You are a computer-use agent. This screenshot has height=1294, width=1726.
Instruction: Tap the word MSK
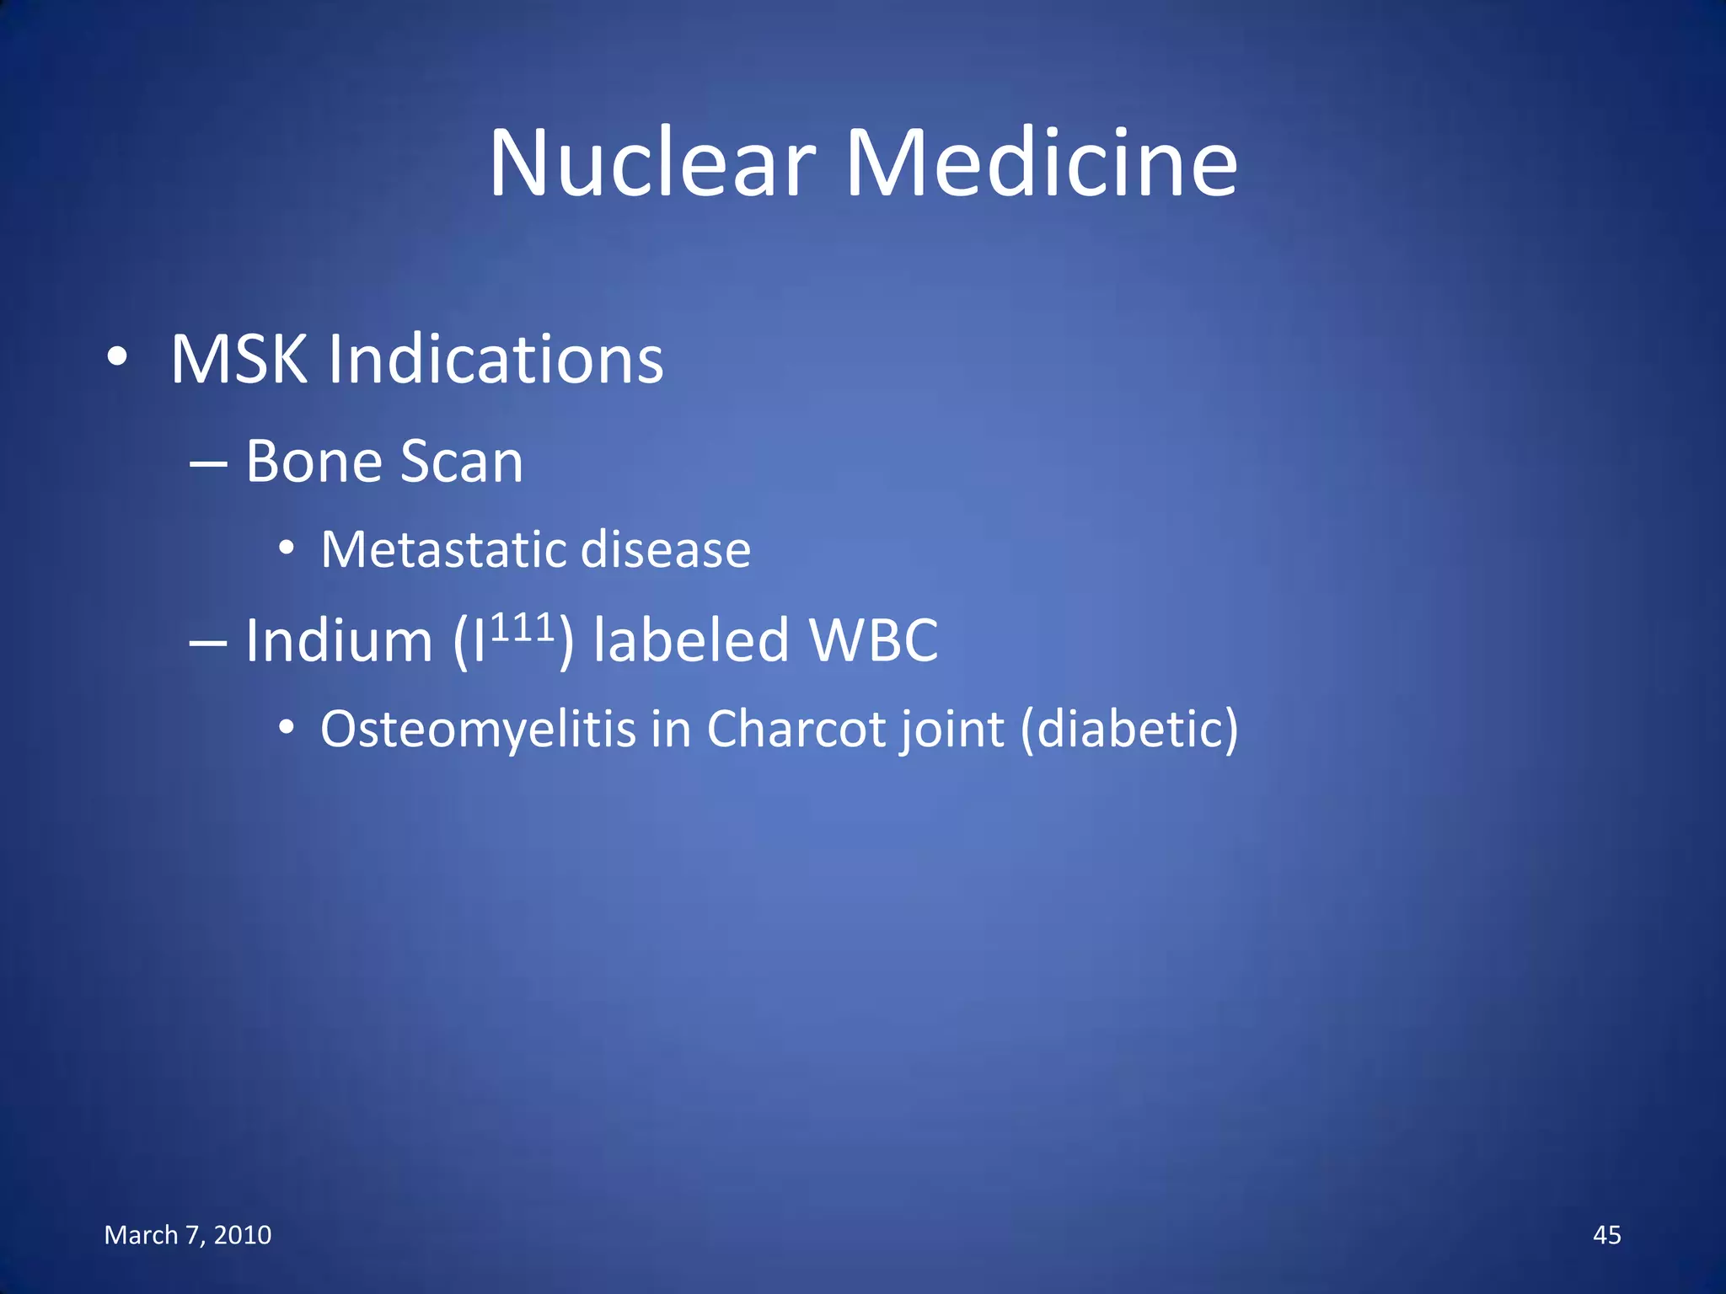click(239, 360)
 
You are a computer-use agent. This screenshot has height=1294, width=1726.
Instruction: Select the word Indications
click(496, 360)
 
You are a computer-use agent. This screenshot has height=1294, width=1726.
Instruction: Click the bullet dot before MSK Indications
click(117, 358)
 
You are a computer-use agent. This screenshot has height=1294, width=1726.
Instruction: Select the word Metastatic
click(443, 550)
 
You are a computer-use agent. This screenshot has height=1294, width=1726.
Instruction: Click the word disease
click(666, 550)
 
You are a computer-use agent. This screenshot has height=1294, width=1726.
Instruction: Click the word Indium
click(339, 640)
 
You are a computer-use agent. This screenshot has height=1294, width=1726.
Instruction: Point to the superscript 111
click(522, 628)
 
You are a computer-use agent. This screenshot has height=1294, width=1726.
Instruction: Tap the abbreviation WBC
click(873, 640)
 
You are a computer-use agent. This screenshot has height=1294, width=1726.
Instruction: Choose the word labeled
click(691, 640)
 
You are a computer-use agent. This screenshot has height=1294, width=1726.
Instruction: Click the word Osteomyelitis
click(478, 729)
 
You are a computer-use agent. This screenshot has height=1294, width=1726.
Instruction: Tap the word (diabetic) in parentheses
click(1129, 729)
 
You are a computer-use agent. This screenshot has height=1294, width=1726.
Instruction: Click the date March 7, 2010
click(188, 1235)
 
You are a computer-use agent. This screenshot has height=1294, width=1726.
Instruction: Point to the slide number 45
click(1606, 1235)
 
